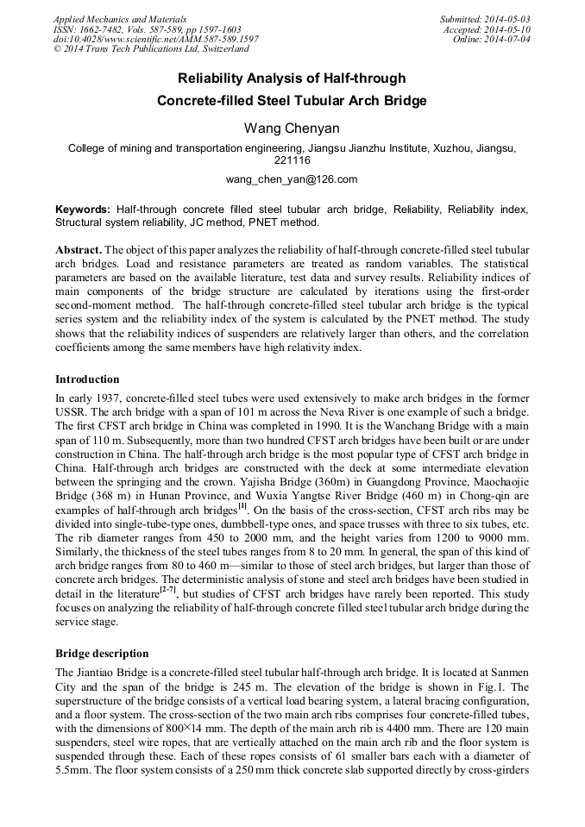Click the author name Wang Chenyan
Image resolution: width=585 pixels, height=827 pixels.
tap(292, 128)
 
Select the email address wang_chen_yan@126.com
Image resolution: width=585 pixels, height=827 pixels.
tap(292, 179)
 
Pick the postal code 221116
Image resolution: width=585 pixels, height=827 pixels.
tap(292, 161)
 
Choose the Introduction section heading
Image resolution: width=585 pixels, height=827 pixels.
tap(87, 379)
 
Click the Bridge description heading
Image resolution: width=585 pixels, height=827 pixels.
tap(102, 654)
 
